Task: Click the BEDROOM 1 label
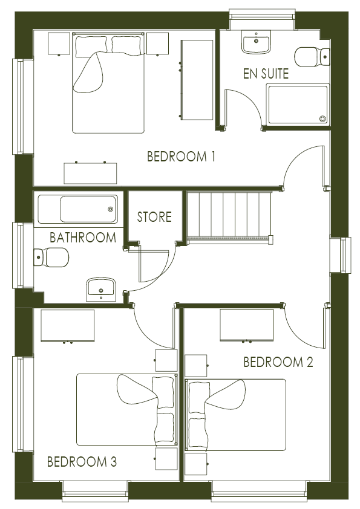pyautogui.click(x=181, y=157)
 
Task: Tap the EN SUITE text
pyautogui.click(x=266, y=74)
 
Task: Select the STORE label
pyautogui.click(x=154, y=217)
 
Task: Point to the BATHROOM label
pyautogui.click(x=83, y=238)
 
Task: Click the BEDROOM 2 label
pyautogui.click(x=278, y=362)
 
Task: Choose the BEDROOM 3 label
pyautogui.click(x=82, y=462)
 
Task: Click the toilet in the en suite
pyautogui.click(x=312, y=57)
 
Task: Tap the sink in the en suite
pyautogui.click(x=256, y=42)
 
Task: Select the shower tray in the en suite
pyautogui.click(x=298, y=105)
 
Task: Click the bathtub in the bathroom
pyautogui.click(x=78, y=209)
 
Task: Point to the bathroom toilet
pyautogui.click(x=51, y=258)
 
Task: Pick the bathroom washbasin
pyautogui.click(x=101, y=290)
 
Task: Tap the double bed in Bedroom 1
pyautogui.click(x=108, y=83)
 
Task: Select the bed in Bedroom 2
pyautogui.click(x=235, y=415)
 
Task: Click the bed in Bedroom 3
pyautogui.click(x=127, y=409)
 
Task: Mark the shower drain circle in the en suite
pyautogui.click(x=322, y=119)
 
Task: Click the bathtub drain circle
pyautogui.click(x=111, y=209)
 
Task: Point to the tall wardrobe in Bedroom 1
pyautogui.click(x=197, y=80)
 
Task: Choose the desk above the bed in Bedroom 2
pyautogui.click(x=247, y=325)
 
